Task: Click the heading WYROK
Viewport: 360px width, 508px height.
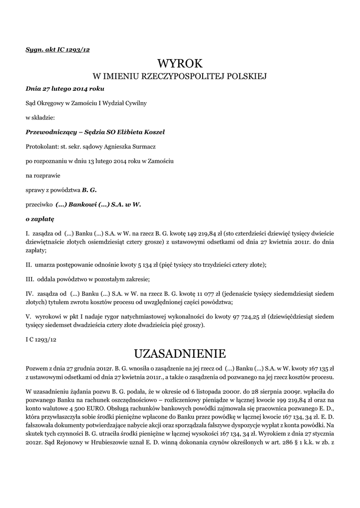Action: tap(180, 63)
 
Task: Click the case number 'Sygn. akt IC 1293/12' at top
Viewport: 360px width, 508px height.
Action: tap(57, 50)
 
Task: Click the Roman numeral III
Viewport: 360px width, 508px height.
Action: tap(29, 279)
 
